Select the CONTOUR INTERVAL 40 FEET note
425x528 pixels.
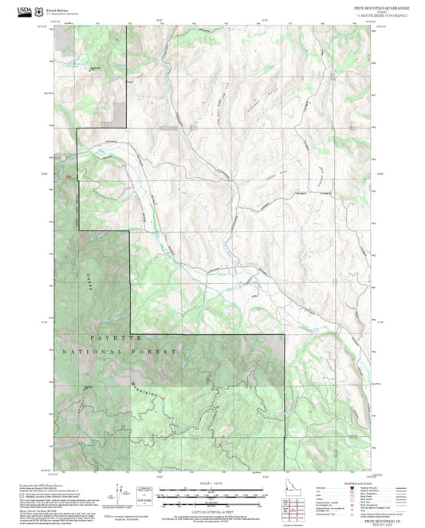coord(212,510)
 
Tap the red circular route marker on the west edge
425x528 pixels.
coord(69,177)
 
